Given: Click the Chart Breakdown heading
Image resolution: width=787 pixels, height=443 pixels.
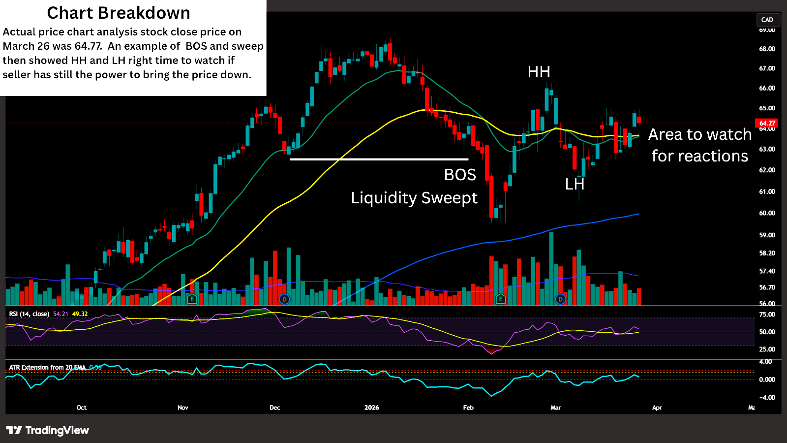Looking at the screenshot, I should (118, 13).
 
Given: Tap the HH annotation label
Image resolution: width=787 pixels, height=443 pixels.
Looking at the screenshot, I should (539, 72).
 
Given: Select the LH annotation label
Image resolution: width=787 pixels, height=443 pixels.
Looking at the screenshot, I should (575, 184).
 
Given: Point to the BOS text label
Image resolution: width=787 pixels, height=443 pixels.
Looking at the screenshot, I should (460, 175).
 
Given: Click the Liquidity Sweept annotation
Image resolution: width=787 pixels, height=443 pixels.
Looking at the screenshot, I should (414, 198).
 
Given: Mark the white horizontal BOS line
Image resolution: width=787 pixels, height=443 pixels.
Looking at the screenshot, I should (379, 159).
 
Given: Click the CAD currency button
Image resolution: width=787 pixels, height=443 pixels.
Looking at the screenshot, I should (767, 20).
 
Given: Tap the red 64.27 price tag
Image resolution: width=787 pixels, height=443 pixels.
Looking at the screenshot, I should (767, 123).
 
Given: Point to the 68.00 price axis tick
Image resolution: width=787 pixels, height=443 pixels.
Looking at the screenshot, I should (767, 49).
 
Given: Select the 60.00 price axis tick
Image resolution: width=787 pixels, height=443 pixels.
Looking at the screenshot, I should (767, 213).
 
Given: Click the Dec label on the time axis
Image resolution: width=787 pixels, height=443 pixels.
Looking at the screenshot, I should (275, 408).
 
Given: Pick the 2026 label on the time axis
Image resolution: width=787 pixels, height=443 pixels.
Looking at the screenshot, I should (371, 408).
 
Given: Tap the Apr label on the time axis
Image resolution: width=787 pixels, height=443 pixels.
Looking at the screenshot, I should (657, 408).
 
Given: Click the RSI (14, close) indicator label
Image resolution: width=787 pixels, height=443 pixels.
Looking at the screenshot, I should (29, 314).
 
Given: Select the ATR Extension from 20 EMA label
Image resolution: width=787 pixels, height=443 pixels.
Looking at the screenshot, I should (47, 368).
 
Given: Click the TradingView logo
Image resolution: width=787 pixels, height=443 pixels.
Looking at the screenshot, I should (48, 430).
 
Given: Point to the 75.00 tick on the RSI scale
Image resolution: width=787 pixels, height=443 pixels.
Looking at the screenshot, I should (767, 315).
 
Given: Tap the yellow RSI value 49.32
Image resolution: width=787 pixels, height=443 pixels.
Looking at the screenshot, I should (80, 314).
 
